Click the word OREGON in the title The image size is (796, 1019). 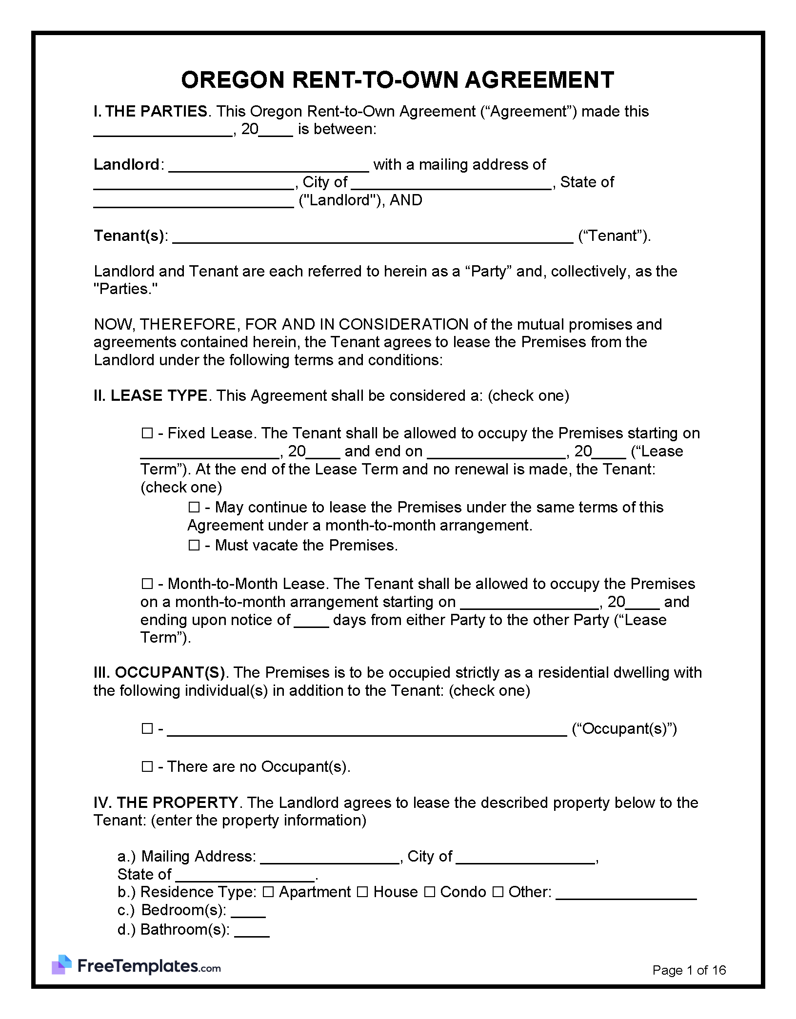tap(232, 80)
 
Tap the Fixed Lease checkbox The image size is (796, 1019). tap(147, 433)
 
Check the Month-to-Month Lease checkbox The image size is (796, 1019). tap(147, 584)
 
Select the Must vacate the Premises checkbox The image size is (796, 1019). tap(194, 545)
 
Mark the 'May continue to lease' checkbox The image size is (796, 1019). tap(194, 508)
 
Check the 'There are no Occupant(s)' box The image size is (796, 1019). tap(147, 767)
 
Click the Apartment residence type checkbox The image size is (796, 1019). tap(268, 892)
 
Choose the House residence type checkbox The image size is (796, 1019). tap(362, 892)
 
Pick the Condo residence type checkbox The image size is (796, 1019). tap(429, 892)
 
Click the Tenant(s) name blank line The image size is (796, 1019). tap(373, 238)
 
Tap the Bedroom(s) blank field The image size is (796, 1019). tap(248, 911)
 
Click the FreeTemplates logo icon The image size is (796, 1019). tap(61, 964)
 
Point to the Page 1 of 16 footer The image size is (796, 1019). tap(689, 970)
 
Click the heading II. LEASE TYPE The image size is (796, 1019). tap(150, 395)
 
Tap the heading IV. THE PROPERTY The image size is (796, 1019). tap(165, 803)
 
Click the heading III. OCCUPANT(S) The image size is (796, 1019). tap(159, 673)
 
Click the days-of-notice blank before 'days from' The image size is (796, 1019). tap(311, 622)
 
